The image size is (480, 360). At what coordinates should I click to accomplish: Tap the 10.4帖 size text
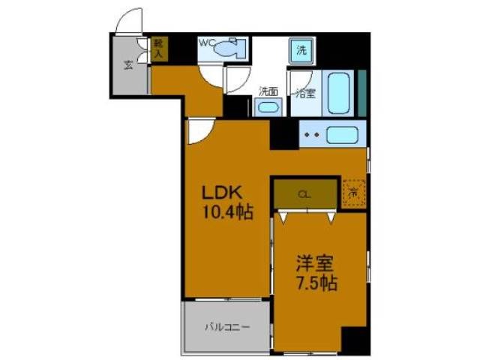tap(225, 211)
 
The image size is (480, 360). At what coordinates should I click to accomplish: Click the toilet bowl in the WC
tap(227, 51)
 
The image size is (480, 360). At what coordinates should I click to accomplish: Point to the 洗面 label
tap(268, 91)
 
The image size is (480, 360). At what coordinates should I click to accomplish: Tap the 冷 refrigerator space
tap(353, 191)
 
